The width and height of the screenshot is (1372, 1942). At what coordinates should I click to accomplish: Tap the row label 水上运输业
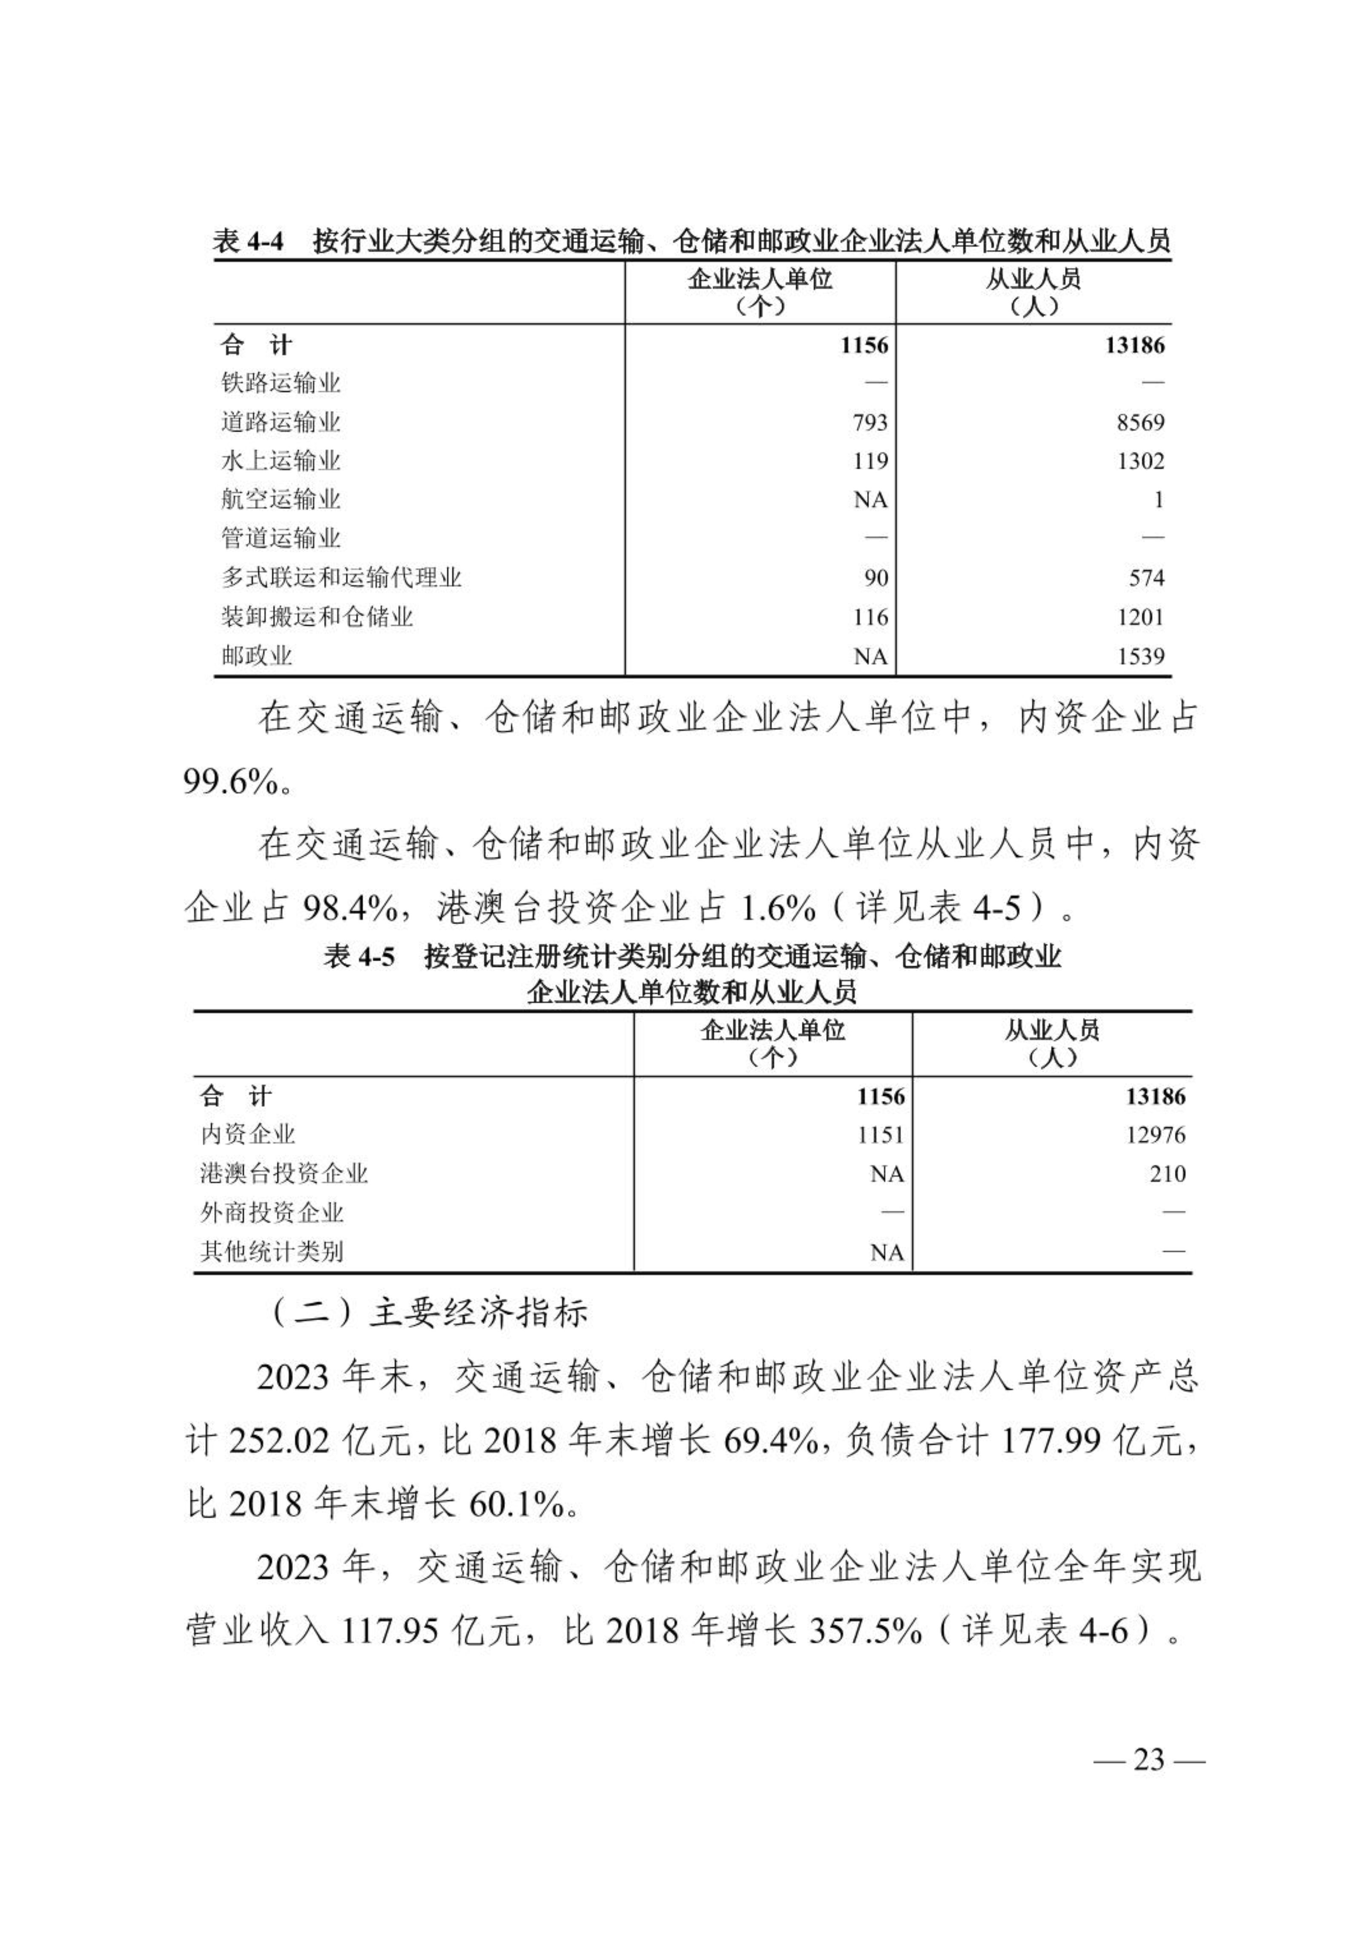point(280,461)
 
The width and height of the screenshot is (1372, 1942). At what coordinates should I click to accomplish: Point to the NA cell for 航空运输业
point(870,500)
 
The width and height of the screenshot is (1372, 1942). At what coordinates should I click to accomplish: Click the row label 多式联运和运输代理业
point(341,577)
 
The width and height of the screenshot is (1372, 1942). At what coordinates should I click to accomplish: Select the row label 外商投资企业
point(272,1213)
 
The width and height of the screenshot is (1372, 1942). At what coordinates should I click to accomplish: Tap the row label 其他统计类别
point(272,1252)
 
